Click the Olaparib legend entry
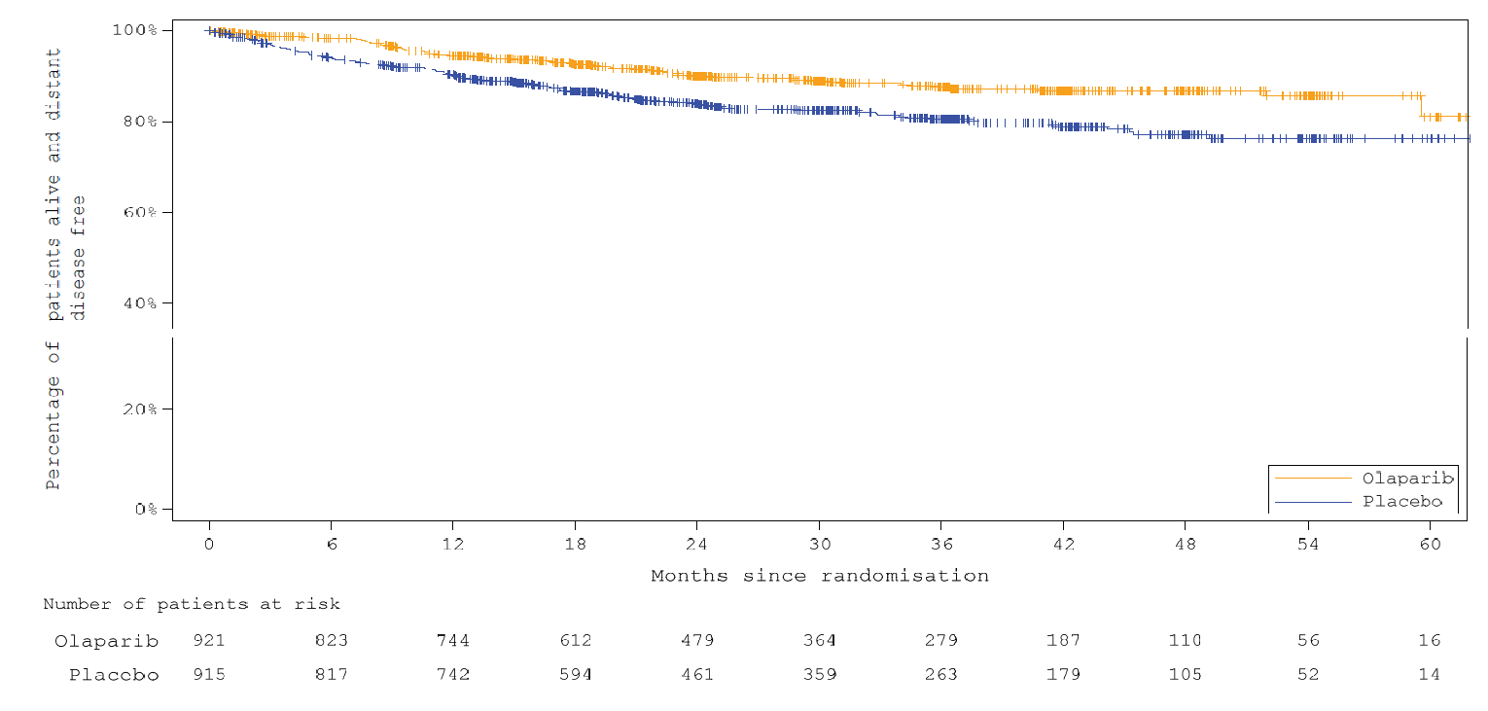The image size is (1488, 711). (x=1406, y=479)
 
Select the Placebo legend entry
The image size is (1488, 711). (x=1401, y=502)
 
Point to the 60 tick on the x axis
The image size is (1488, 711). (x=1430, y=545)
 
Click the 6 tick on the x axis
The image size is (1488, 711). (x=332, y=545)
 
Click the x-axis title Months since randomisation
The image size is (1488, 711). (x=819, y=576)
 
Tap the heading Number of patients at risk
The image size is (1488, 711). (x=192, y=605)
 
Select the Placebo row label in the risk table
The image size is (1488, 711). (x=113, y=675)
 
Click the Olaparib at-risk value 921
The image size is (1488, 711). (x=209, y=641)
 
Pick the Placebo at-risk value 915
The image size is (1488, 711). (x=209, y=675)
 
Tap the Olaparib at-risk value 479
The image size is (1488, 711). (x=697, y=641)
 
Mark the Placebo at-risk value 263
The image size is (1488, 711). (x=941, y=675)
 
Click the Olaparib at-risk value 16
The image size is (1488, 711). (x=1429, y=641)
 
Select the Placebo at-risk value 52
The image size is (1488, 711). (x=1307, y=675)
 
